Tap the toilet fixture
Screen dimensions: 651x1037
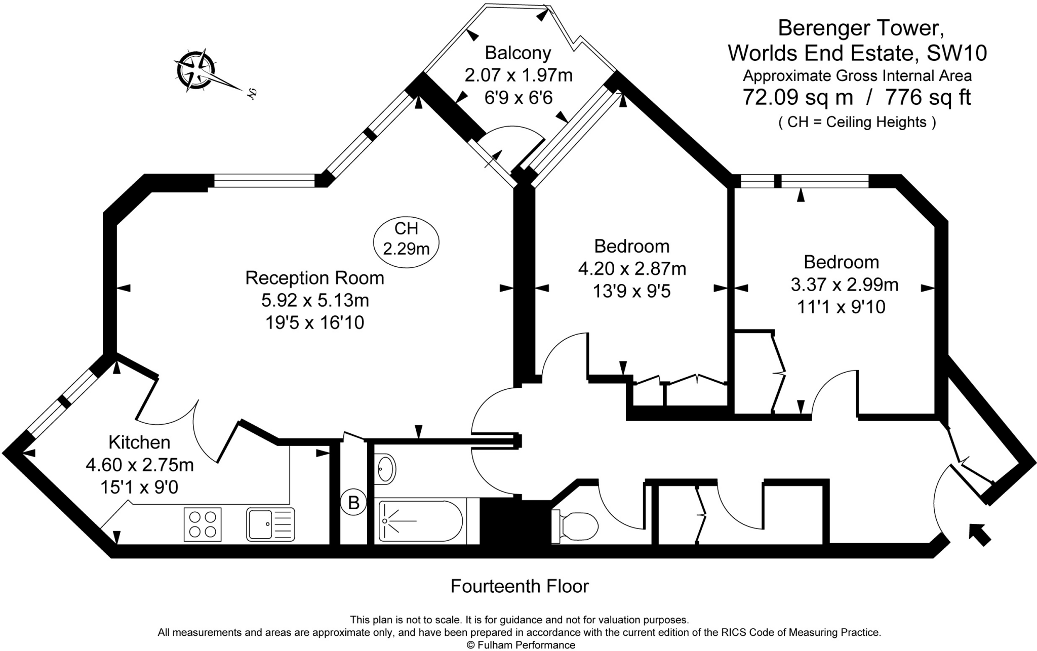[576, 526]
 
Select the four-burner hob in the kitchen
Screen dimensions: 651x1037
[203, 524]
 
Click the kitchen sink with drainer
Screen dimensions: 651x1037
[270, 524]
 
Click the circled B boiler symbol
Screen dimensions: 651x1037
[353, 503]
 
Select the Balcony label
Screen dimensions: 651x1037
[518, 53]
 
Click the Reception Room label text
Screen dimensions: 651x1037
[314, 278]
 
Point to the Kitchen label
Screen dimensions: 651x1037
[139, 442]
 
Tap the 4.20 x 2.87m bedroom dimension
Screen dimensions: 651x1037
[632, 268]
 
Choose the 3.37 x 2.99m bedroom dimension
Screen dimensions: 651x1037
[844, 284]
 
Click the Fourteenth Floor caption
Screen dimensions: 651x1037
[520, 586]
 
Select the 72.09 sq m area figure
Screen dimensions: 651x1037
[797, 97]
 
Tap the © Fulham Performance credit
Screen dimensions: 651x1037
[521, 645]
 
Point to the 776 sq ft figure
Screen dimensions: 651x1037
[928, 97]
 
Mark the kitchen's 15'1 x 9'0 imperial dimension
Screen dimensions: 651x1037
[139, 487]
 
